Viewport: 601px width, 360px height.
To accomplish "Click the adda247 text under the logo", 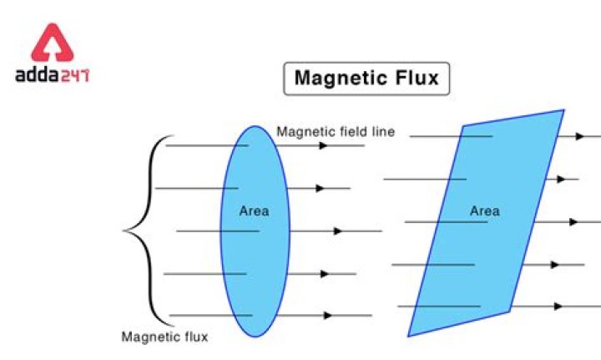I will click(52, 75).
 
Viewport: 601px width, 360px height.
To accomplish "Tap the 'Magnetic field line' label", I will click(336, 131).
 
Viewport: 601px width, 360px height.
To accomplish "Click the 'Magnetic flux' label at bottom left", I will click(165, 337).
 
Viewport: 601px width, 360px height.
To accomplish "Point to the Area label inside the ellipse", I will click(254, 210).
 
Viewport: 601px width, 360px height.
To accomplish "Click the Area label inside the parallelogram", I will click(484, 210).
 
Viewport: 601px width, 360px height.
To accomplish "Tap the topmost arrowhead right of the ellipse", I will click(322, 145).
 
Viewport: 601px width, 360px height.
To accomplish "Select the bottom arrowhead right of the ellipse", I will click(327, 316).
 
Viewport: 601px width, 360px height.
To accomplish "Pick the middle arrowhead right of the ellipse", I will click(337, 231).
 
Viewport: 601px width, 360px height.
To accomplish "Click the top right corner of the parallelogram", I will click(563, 110).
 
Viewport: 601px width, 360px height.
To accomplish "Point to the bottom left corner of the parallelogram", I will click(408, 336).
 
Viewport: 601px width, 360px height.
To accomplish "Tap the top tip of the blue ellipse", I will click(255, 126).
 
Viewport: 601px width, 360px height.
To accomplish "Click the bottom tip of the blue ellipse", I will click(255, 337).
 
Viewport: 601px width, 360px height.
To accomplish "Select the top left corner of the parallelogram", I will click(464, 126).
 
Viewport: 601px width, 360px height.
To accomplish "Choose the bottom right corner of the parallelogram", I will click(509, 311).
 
